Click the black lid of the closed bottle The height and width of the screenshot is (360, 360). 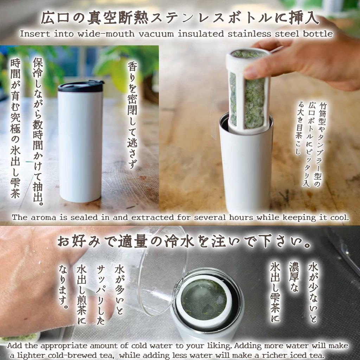coord(81,86)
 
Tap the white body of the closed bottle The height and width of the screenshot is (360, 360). coord(80,148)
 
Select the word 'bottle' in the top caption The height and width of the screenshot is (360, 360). coord(318,34)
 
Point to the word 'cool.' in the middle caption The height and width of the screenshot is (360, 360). coord(339,217)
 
